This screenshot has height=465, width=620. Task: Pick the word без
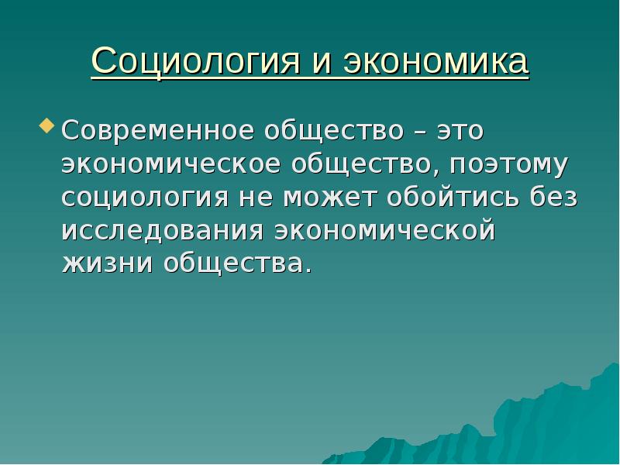click(x=553, y=197)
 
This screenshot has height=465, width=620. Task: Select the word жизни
click(x=106, y=263)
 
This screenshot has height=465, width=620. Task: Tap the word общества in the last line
click(x=236, y=263)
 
